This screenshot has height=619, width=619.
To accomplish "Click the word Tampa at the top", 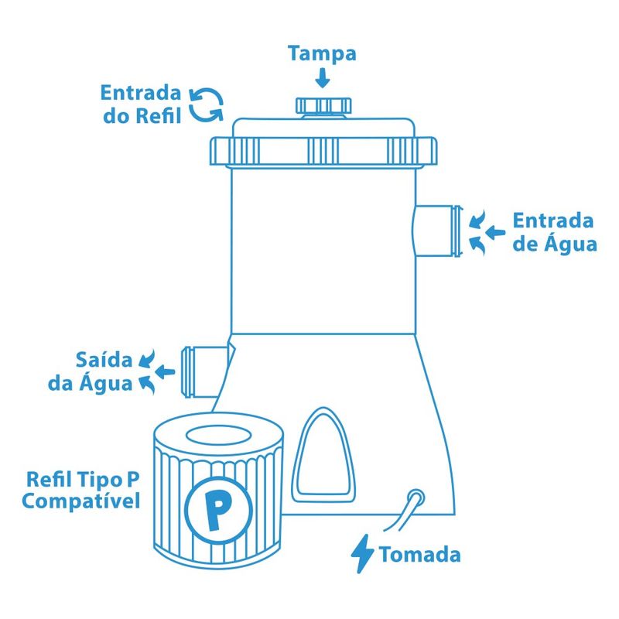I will click(322, 54).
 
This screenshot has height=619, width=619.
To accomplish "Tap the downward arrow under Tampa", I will click(323, 77).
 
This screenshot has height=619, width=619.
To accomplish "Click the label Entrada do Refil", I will click(141, 104).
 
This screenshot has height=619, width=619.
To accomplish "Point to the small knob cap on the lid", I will click(323, 106).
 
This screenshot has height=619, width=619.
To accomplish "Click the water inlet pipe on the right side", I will click(438, 231).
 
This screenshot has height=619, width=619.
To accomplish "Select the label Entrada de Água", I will click(554, 232).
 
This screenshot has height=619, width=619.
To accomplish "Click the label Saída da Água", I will click(105, 371).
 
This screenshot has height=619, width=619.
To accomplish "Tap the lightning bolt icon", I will click(362, 554).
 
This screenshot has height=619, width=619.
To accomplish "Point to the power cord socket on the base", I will click(416, 496).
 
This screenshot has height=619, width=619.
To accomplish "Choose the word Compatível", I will click(82, 501).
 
